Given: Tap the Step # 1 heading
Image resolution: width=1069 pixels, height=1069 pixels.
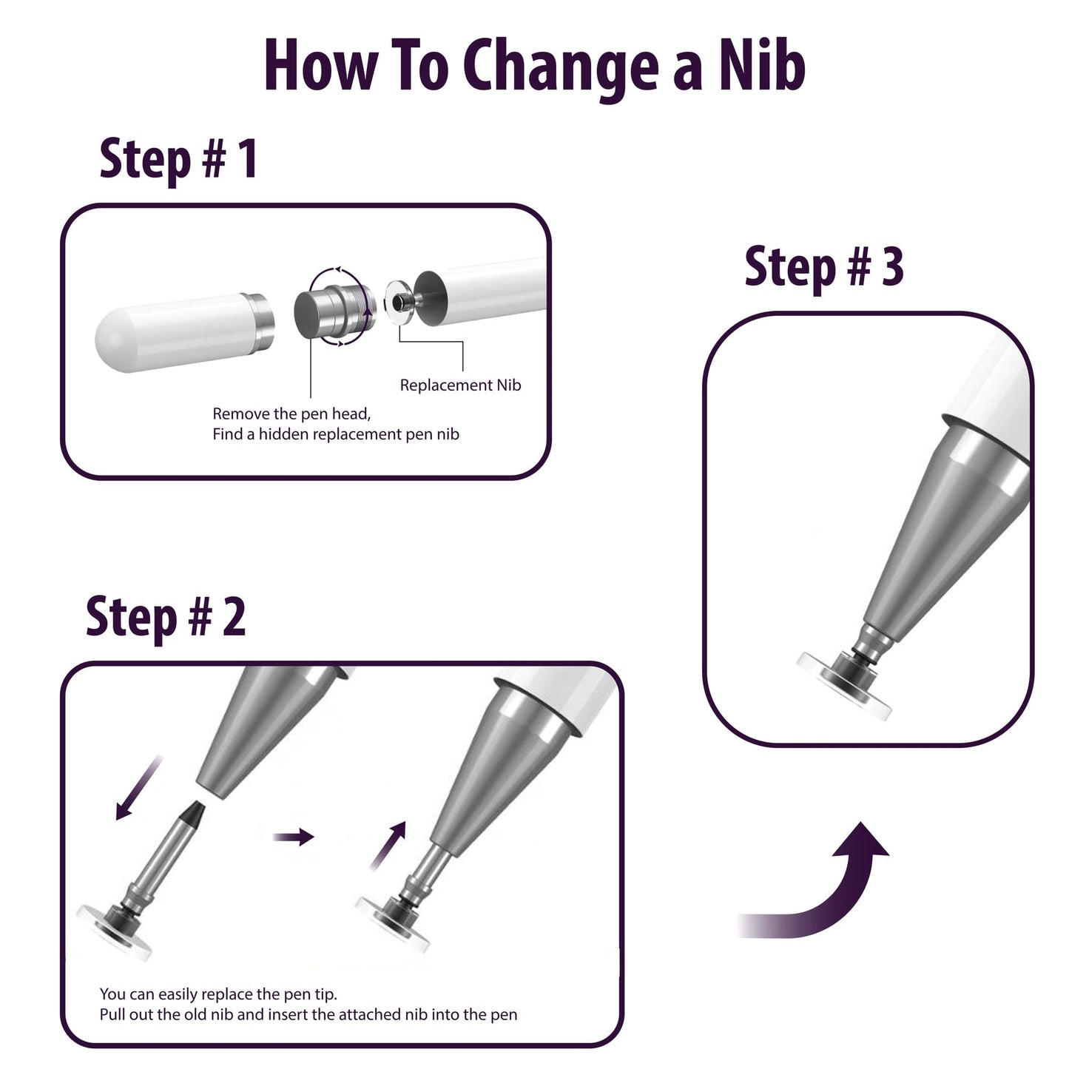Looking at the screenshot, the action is pyautogui.click(x=178, y=159).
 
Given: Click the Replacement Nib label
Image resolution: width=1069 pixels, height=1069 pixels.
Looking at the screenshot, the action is pyautogui.click(x=460, y=385).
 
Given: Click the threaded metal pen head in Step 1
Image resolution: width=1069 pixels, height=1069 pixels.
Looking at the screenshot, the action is pyautogui.click(x=334, y=307).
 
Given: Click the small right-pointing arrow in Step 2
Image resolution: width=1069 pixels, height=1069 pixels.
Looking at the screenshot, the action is pyautogui.click(x=294, y=836).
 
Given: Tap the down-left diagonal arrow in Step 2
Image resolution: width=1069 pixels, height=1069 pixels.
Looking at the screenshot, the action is pyautogui.click(x=138, y=787).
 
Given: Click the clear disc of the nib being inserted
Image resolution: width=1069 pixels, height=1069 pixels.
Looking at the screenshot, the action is pyautogui.click(x=393, y=925).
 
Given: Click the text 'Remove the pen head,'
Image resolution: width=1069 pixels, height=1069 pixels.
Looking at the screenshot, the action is pyautogui.click(x=291, y=414).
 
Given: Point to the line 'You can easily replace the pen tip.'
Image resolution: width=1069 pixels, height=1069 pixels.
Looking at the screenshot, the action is pyautogui.click(x=218, y=994).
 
